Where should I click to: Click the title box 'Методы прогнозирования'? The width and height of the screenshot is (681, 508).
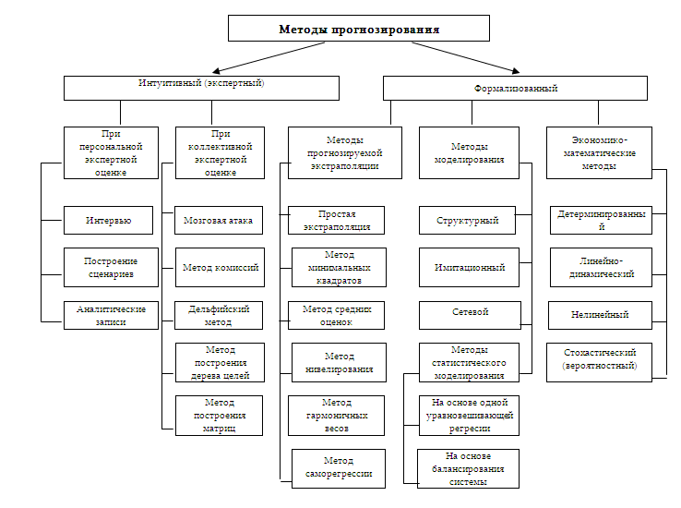[359, 29]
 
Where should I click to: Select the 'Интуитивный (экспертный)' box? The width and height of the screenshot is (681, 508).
[201, 89]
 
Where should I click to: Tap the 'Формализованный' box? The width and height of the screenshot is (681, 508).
[515, 89]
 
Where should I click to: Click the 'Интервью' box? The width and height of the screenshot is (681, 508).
[108, 221]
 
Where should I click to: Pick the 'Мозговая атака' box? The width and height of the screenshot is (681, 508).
[219, 221]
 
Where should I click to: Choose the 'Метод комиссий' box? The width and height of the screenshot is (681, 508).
[220, 267]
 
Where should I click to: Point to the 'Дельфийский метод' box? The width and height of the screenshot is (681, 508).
[219, 316]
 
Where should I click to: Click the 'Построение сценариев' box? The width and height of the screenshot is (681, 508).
[111, 267]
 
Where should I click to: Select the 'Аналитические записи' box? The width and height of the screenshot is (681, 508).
[111, 316]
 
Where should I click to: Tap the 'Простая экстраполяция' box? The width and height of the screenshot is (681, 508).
[336, 221]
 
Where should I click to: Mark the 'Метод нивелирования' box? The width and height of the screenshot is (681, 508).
[339, 362]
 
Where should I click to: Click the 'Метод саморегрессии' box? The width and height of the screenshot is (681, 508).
[339, 468]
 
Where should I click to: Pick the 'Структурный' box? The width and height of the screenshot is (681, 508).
[467, 221]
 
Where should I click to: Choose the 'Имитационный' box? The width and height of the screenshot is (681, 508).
[469, 267]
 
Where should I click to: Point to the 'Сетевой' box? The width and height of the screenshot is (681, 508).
[470, 316]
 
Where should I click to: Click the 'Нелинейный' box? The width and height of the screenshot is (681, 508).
[600, 316]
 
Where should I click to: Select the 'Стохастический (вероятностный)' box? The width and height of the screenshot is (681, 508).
[599, 362]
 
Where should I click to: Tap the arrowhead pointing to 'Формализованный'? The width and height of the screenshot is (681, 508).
[516, 71]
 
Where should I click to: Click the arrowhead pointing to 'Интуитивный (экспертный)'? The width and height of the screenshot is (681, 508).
[216, 71]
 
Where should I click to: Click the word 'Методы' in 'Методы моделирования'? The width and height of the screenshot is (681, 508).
[469, 147]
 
